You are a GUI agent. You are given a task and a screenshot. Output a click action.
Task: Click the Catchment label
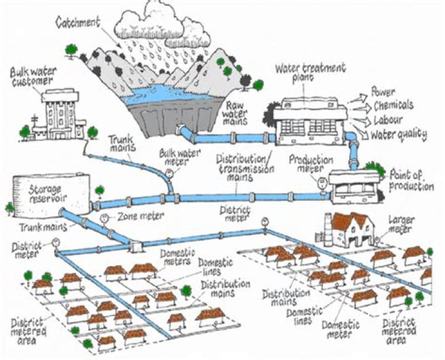tap(78, 23)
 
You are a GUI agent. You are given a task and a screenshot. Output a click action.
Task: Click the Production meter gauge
tap(321, 181)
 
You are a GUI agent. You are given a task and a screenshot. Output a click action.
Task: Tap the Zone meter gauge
tap(104, 218)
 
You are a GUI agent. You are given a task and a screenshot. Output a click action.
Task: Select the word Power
tap(383, 93)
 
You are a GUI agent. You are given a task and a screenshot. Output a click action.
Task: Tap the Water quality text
tap(399, 132)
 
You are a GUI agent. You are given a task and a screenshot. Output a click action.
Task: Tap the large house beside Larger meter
tap(349, 229)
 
